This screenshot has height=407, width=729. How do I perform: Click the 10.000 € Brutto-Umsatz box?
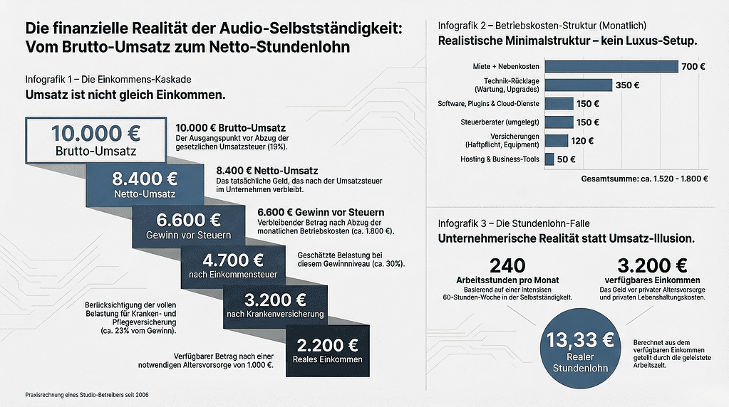coord(95,139)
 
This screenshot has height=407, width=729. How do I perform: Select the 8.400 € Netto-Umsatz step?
coord(145,184)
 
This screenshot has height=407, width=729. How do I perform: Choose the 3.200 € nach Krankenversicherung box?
coord(275,305)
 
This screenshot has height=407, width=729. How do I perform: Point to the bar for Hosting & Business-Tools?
coord(549,159)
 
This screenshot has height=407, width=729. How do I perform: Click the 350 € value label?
coord(627,85)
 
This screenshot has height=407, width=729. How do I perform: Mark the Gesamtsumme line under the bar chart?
coord(644,179)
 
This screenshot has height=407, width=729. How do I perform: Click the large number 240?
coord(507,265)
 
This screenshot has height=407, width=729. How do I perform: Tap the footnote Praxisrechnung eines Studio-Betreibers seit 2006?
coord(87,394)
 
